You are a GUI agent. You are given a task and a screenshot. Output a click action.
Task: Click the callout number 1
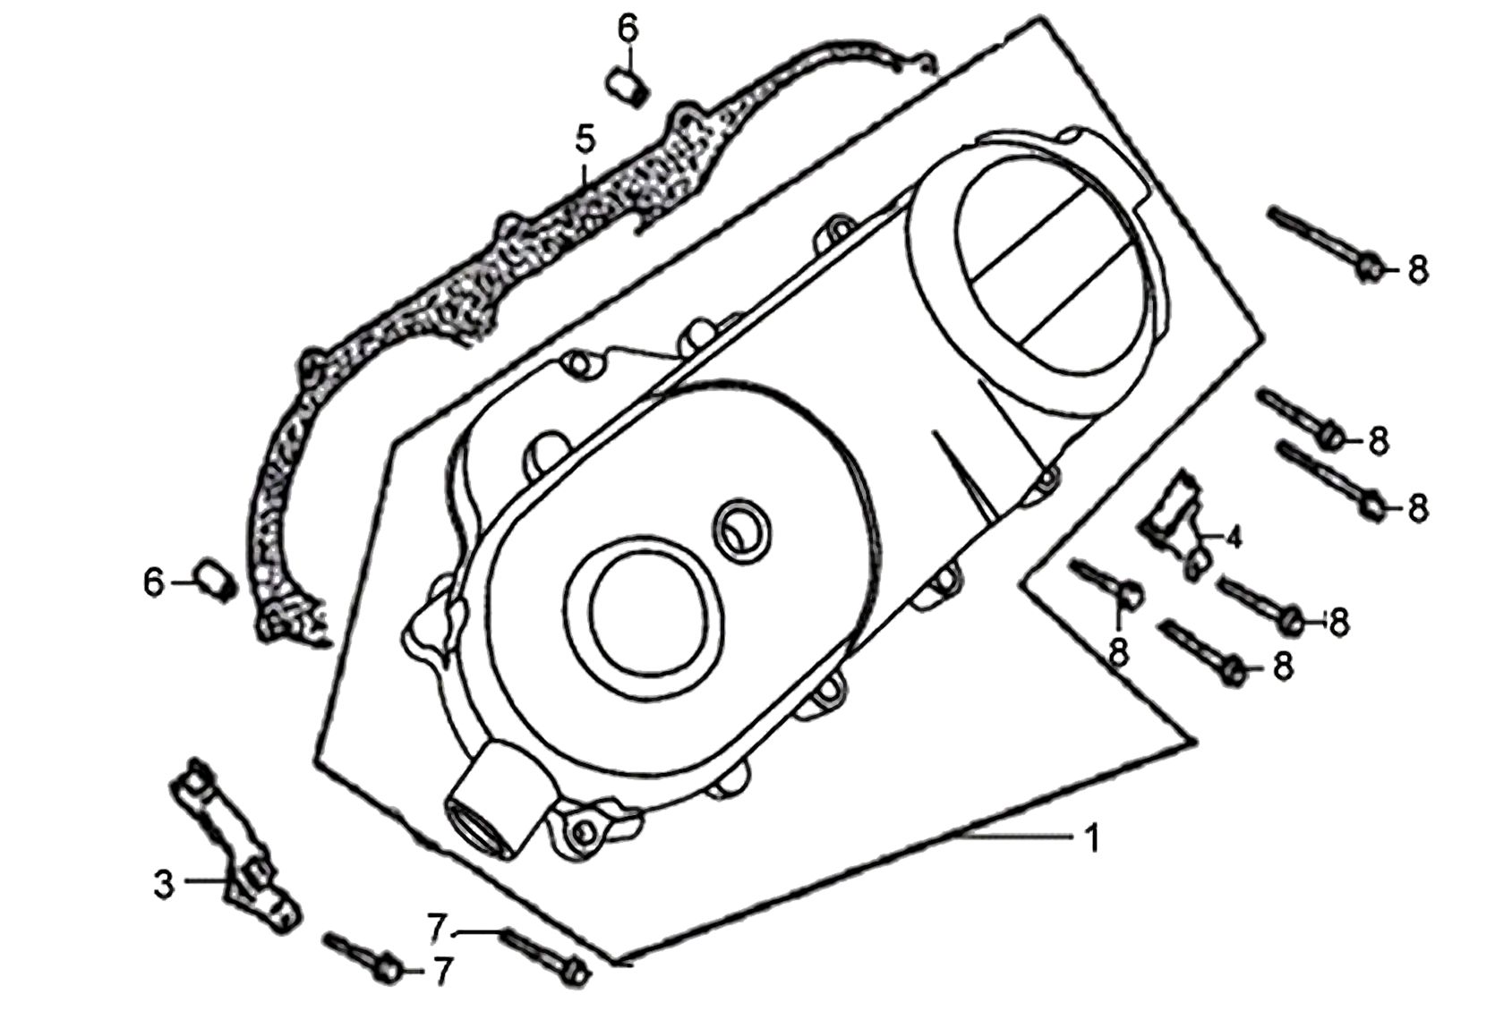tap(1092, 838)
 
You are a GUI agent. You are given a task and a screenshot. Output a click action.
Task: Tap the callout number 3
tap(164, 885)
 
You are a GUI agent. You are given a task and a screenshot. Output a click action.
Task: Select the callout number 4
tap(1234, 537)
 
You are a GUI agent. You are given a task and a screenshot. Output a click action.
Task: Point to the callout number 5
tap(585, 140)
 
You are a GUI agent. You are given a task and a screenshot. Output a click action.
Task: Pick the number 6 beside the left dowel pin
tap(153, 582)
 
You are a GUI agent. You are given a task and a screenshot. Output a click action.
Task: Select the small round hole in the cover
tap(741, 531)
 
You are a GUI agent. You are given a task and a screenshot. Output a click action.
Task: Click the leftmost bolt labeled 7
tap(363, 958)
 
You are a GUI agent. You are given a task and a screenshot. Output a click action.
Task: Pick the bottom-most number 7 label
tap(444, 971)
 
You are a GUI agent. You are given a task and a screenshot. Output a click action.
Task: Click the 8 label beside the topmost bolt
tap(1418, 270)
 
